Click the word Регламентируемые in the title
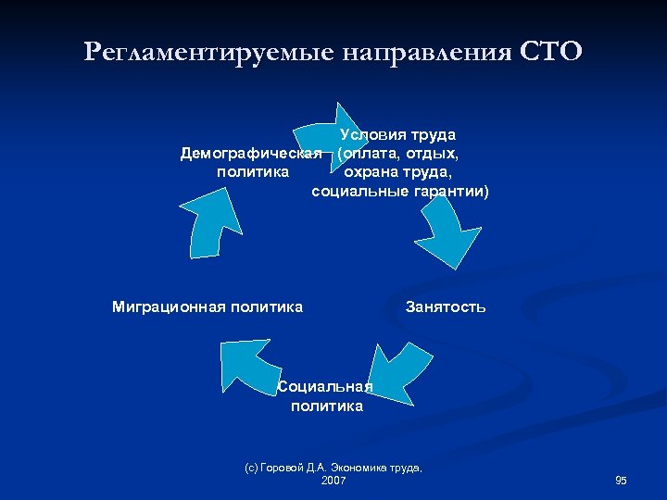click(212, 51)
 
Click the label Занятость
click(446, 306)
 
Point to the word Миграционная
click(169, 306)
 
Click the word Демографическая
click(251, 153)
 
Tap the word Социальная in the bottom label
click(326, 387)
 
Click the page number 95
click(621, 481)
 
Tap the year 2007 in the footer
click(333, 481)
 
